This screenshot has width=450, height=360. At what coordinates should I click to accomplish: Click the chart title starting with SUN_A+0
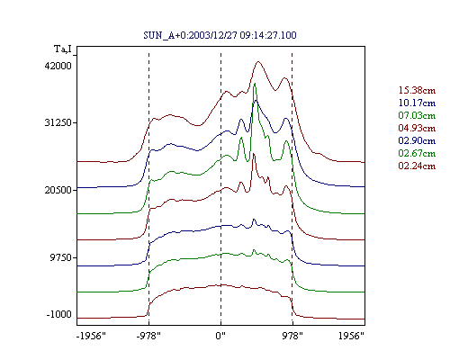[220, 35]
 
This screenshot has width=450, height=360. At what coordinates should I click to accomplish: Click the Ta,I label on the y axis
[63, 49]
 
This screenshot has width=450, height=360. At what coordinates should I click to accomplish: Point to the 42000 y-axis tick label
[58, 66]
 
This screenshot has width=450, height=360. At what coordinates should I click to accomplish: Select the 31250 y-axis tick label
[58, 122]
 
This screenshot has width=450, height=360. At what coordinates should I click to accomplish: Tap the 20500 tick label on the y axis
[58, 190]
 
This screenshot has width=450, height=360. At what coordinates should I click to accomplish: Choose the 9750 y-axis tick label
[61, 257]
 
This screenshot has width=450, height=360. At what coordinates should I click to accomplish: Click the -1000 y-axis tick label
[59, 314]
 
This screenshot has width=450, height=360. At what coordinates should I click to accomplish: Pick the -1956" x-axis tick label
[91, 336]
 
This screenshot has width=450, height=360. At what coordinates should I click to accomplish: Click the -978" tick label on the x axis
[148, 336]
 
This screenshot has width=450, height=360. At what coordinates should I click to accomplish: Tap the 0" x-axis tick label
[220, 336]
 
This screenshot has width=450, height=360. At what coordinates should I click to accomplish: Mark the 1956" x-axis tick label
[351, 336]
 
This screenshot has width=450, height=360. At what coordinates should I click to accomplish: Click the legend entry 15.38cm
[417, 90]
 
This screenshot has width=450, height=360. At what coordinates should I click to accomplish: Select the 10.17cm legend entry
[417, 103]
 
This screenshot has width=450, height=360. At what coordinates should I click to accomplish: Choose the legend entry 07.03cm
[417, 115]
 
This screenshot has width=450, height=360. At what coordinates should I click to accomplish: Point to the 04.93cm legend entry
[417, 128]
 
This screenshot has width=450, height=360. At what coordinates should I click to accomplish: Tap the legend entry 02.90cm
[417, 140]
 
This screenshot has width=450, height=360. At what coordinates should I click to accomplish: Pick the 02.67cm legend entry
[417, 153]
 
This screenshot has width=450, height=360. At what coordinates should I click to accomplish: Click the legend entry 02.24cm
[417, 166]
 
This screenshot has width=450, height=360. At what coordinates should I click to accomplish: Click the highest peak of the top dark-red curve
[258, 62]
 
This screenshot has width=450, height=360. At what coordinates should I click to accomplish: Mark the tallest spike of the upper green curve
[255, 84]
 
